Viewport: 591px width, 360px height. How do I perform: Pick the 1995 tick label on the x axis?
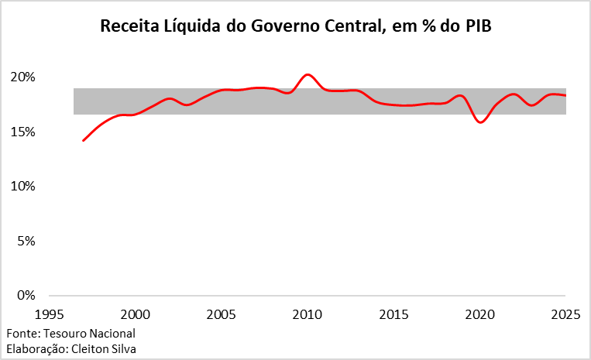click(x=50, y=314)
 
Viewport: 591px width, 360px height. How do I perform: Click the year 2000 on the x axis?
click(x=136, y=314)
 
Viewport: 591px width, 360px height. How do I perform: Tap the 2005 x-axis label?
click(x=222, y=314)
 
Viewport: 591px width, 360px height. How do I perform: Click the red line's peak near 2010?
click(x=308, y=74)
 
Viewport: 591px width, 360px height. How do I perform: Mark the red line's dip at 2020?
click(x=480, y=122)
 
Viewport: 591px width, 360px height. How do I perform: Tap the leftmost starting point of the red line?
click(x=83, y=141)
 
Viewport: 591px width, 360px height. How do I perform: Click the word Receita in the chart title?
click(x=128, y=27)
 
